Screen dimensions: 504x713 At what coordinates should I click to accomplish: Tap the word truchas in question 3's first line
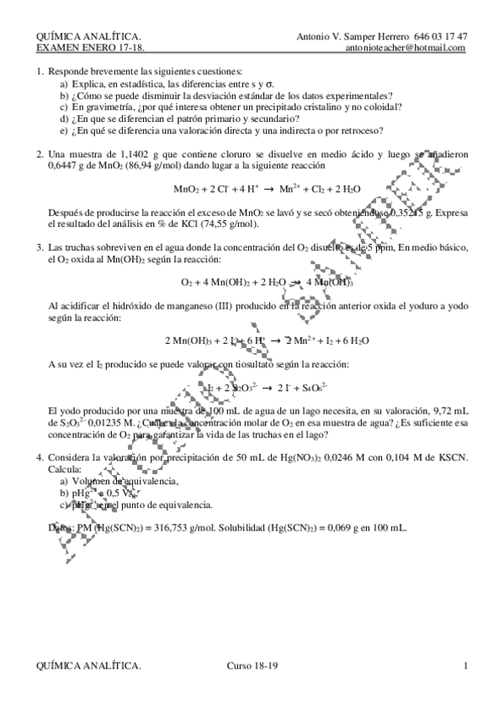point(82,247)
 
